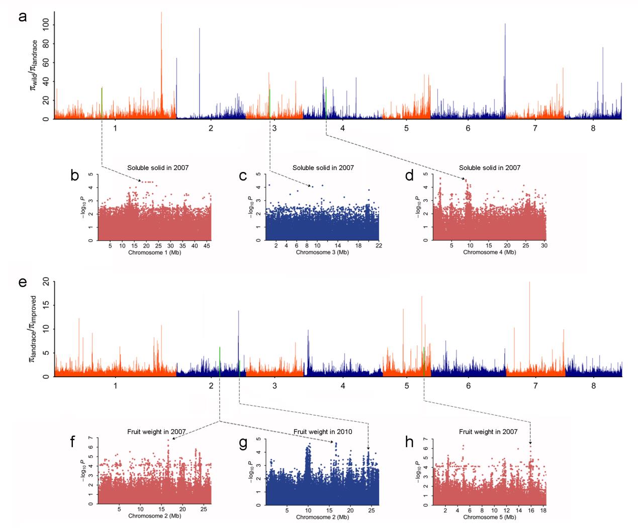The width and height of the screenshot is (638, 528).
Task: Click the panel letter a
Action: click(x=22, y=17)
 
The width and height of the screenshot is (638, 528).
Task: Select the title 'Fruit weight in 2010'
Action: click(x=323, y=432)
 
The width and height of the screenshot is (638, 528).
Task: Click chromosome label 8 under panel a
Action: click(x=593, y=128)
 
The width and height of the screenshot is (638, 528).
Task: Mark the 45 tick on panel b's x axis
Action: click(x=207, y=246)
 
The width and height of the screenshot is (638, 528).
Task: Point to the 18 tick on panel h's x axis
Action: click(x=542, y=511)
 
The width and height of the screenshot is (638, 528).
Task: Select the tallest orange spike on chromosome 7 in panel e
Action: click(x=529, y=283)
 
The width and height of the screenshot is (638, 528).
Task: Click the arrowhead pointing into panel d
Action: click(x=465, y=179)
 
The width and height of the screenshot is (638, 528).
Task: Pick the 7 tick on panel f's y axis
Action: click(x=93, y=438)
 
